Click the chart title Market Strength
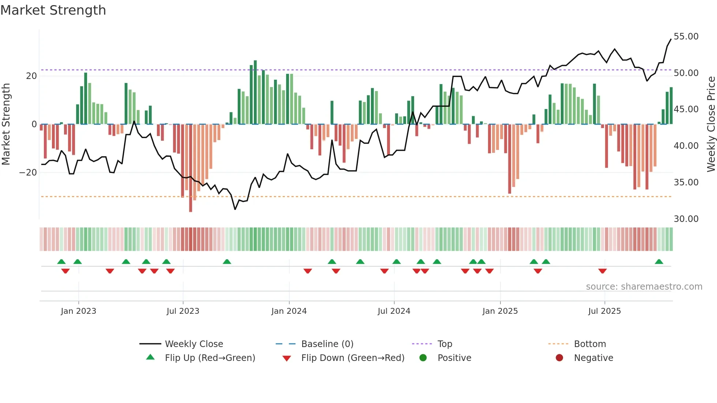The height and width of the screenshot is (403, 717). coord(53,10)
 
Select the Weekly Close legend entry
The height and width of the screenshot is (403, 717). coord(194,344)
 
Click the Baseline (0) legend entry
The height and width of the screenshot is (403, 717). coord(327,344)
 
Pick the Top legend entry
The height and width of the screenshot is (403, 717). coord(444,344)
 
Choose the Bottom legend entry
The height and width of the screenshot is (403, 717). coord(590,344)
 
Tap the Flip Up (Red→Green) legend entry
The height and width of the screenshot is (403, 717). coord(210,358)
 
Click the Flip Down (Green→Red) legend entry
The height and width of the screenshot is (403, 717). coord(353,358)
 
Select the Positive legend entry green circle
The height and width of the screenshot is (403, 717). coord(423,358)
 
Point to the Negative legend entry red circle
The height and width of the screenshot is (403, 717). coord(559,358)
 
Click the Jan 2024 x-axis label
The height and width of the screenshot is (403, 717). coord(289,311)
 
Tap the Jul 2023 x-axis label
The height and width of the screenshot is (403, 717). coord(183,311)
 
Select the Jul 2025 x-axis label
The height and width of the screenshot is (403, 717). coord(605,311)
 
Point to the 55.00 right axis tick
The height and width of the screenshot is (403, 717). coord(686,37)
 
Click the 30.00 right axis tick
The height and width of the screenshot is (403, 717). coord(686,219)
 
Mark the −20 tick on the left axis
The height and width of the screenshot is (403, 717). coord(28,173)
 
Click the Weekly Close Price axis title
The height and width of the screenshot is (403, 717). coord(711,124)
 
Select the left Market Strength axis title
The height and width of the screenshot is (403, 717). coord(6,124)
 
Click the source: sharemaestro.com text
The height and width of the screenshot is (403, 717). coord(644,287)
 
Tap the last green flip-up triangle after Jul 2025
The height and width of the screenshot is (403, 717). coord(659,262)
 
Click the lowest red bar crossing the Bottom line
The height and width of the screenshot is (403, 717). coord(191,205)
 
